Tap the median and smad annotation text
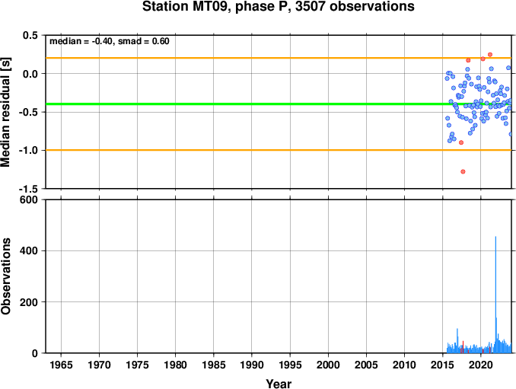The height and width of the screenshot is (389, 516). click(110, 41)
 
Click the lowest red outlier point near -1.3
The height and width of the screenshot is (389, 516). click(463, 171)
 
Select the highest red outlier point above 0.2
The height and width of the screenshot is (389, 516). click(490, 55)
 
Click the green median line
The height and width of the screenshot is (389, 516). click(279, 104)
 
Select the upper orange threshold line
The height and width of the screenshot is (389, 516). click(279, 58)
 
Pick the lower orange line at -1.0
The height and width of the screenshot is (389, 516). click(279, 150)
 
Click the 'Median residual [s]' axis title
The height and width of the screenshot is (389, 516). click(5, 112)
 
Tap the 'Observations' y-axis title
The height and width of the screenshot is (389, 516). click(5, 276)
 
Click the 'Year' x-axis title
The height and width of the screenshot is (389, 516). click(279, 384)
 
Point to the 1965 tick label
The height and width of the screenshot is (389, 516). click(61, 365)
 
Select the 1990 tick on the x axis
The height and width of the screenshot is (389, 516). click(252, 365)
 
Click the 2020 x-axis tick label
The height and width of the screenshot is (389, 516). click(481, 365)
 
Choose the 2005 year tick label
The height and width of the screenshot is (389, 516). click(366, 365)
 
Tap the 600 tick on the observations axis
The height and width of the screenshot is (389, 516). click(29, 199)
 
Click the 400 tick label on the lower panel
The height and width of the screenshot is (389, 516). click(29, 250)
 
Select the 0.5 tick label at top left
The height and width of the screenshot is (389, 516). click(30, 35)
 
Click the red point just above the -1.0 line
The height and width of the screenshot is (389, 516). click(461, 142)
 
